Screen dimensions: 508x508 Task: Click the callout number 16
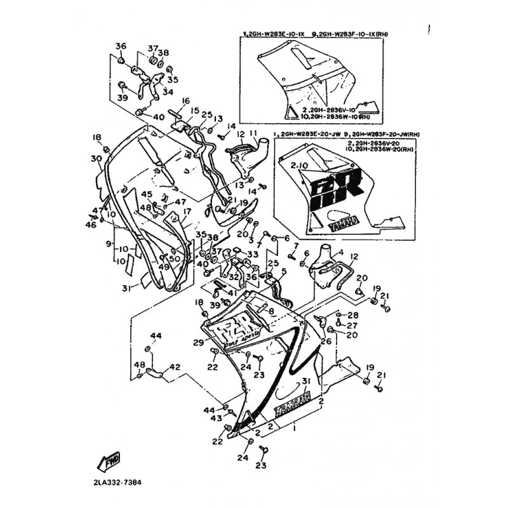pyautogui.click(x=186, y=101)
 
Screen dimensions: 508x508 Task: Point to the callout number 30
pyautogui.click(x=97, y=159)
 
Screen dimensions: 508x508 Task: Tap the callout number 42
pyautogui.click(x=175, y=366)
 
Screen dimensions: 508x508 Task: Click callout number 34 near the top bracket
pyautogui.click(x=168, y=92)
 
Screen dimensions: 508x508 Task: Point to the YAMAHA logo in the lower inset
pyautogui.click(x=342, y=222)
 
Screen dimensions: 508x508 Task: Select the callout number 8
pyautogui.click(x=271, y=312)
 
